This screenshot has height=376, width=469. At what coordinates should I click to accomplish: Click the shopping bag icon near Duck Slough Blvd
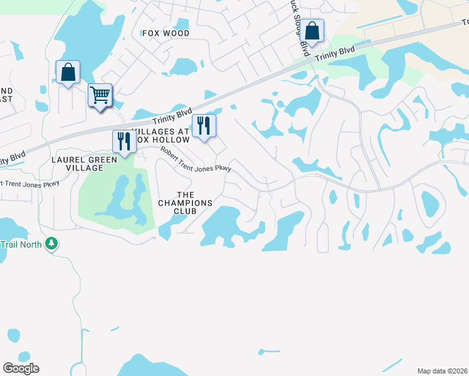312,30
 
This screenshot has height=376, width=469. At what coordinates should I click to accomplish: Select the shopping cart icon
100,95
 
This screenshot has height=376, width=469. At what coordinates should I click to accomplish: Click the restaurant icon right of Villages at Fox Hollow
204,125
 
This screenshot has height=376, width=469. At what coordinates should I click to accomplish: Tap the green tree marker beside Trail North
51,243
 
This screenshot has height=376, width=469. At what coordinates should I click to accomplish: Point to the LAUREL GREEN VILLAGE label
77,164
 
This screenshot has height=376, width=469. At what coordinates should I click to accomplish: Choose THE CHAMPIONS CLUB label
186,203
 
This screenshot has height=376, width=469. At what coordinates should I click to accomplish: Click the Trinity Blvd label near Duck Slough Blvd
335,54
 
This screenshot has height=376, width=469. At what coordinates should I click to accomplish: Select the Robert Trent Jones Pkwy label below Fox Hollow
196,159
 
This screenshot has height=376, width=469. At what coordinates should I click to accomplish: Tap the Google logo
21,368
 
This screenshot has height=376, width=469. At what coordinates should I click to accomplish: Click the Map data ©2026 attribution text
442,371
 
